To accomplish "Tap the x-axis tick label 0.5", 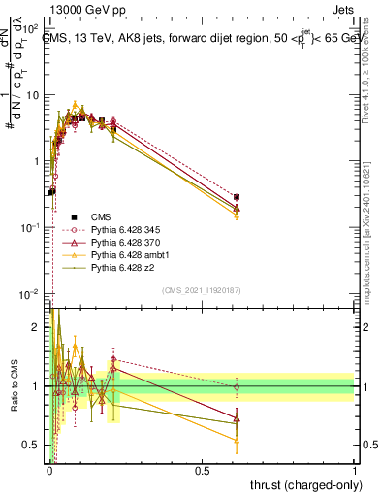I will pos(202,471).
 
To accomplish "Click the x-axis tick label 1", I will pos(355,471).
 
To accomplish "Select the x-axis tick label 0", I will pos(49,471).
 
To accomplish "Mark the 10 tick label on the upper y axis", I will pos(34,95).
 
